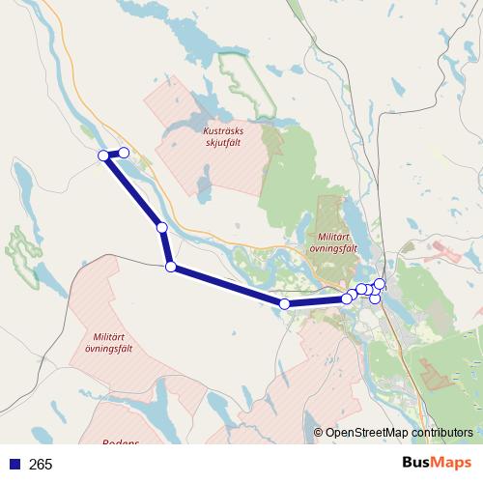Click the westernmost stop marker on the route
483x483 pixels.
103,156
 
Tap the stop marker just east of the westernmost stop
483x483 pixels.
124,153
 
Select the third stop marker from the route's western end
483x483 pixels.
162,228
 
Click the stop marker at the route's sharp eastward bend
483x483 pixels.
170,267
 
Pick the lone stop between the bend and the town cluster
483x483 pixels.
284,304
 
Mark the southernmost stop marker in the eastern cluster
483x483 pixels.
375,298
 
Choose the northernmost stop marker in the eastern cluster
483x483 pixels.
380,283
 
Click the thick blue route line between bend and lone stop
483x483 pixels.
227,286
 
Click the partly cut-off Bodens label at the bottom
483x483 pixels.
121,442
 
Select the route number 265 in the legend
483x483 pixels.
41,465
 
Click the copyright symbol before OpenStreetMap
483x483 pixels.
318,433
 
